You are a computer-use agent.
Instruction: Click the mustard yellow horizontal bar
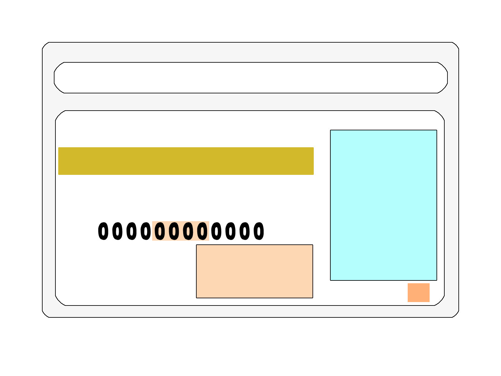tap(186, 161)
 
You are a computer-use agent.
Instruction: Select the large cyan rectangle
tap(384, 205)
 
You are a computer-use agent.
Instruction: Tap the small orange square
tap(419, 292)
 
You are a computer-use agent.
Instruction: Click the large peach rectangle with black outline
tap(255, 271)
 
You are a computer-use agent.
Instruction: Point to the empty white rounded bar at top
tap(250, 78)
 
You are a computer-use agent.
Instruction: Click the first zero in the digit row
tap(103, 231)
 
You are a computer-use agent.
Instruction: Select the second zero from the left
tap(117, 231)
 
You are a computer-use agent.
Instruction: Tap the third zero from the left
tap(132, 231)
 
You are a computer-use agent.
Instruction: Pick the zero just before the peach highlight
tap(146, 231)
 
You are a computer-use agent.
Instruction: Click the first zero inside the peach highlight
tap(160, 231)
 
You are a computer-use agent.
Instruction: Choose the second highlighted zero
tap(174, 231)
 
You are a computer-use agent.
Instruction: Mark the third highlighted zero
tap(188, 231)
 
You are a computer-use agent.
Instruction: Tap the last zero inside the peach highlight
tap(202, 231)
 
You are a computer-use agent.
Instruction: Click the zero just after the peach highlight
tap(216, 231)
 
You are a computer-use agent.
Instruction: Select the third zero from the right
tap(230, 231)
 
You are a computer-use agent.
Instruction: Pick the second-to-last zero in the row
tap(245, 231)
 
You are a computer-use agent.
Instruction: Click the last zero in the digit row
tap(259, 231)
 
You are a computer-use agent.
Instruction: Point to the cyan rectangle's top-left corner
tap(330, 130)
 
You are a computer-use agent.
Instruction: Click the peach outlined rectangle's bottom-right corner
tap(313, 298)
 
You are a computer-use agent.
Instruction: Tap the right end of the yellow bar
tap(314, 161)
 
